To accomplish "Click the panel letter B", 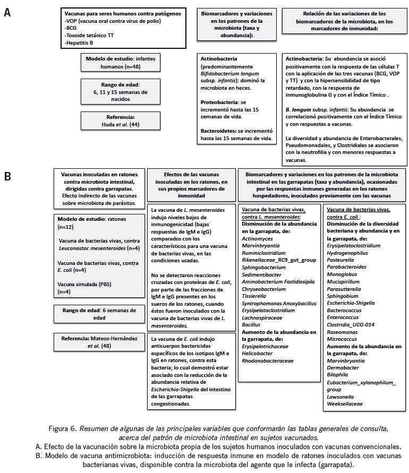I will click(7, 176).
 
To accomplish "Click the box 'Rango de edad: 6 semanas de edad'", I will click(99, 314).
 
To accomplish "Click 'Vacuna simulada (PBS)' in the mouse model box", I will click(81, 285).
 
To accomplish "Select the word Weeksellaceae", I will click(345, 403).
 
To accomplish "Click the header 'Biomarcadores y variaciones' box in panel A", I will click(238, 23).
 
